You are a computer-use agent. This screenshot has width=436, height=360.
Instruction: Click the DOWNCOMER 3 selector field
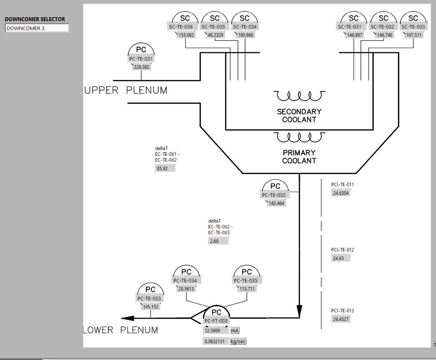tap(37, 28)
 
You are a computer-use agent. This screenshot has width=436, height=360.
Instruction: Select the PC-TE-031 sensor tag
tap(141, 59)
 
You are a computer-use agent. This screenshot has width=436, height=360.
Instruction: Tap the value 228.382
tap(141, 67)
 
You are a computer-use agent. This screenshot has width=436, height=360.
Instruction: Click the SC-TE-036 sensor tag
tap(181, 27)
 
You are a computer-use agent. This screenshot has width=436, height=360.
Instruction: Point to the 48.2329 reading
tap(215, 35)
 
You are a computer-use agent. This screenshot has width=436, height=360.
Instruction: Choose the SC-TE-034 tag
tap(245, 27)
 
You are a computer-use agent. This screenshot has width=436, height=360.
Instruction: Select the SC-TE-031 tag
tap(350, 27)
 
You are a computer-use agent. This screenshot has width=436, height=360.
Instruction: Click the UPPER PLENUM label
tap(126, 91)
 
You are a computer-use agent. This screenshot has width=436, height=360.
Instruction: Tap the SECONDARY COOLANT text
tap(299, 116)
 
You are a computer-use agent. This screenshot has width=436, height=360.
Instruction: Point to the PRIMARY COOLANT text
tap(299, 157)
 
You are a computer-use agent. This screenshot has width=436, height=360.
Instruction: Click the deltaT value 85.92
tap(165, 169)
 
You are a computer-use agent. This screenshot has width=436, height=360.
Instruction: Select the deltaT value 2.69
tap(218, 241)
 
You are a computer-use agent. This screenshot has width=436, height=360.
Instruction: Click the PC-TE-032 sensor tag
tap(273, 195)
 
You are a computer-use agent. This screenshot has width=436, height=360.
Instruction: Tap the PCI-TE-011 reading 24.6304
tap(341, 193)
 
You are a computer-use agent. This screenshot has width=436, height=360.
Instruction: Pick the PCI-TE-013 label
tap(343, 311)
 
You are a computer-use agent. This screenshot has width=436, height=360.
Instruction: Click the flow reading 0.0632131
tap(215, 342)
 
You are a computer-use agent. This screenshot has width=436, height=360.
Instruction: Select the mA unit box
tap(234, 331)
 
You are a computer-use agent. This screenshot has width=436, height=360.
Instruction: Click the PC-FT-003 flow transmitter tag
tap(216, 321)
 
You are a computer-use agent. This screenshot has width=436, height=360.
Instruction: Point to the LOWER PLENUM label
tap(121, 330)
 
